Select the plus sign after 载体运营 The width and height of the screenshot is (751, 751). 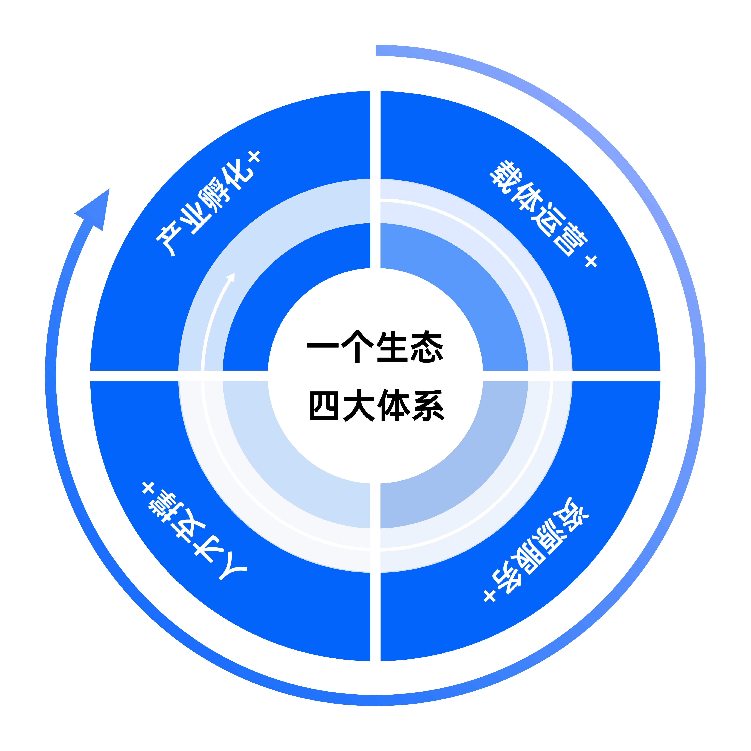pos(591,261)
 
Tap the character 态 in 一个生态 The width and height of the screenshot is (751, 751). pos(427,347)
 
